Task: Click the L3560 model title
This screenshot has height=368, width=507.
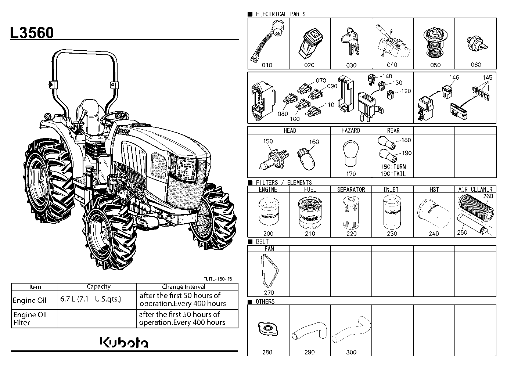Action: (x=32, y=33)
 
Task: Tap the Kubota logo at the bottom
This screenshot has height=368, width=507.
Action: (x=124, y=342)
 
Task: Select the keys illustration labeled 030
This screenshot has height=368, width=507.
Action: (x=350, y=42)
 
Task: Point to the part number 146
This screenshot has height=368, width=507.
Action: (x=454, y=77)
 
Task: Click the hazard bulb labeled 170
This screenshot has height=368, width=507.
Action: (x=350, y=154)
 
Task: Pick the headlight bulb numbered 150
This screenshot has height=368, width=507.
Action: (x=274, y=159)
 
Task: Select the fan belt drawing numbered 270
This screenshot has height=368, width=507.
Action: (x=270, y=271)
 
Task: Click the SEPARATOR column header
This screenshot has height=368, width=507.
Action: (x=351, y=190)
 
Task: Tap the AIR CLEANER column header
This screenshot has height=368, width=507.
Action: (x=475, y=189)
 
